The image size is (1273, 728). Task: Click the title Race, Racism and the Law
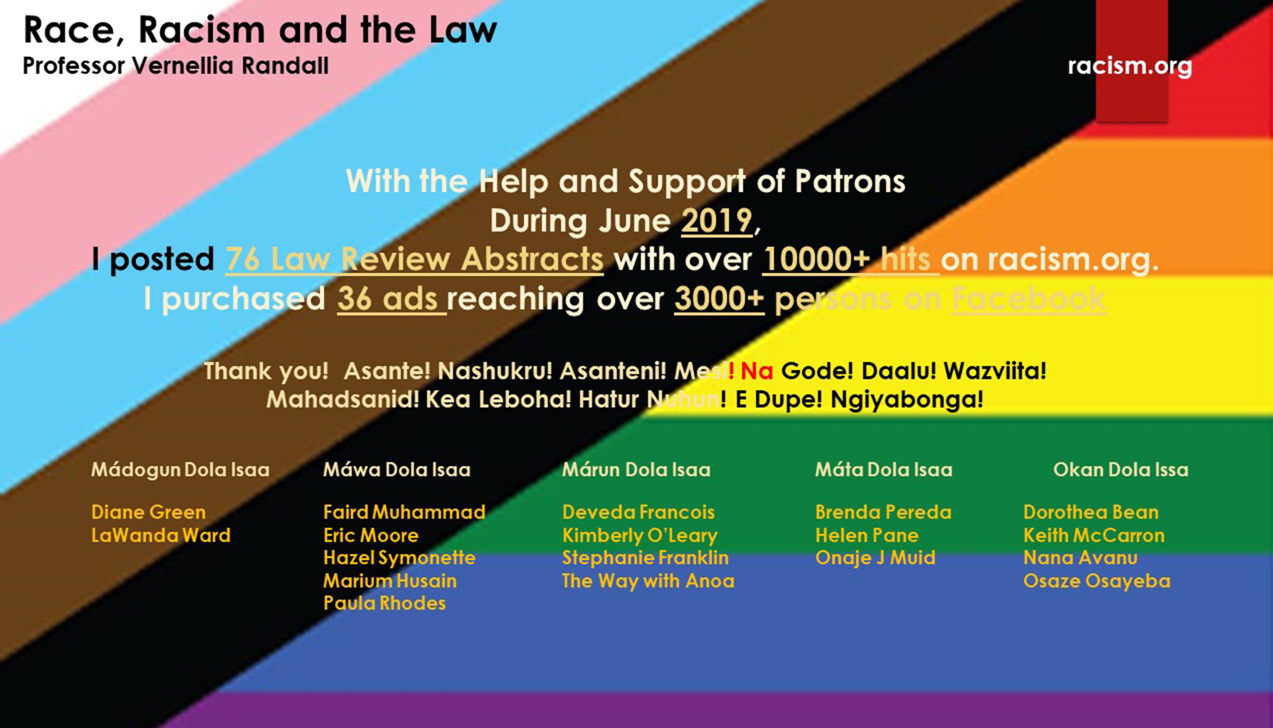tap(260, 30)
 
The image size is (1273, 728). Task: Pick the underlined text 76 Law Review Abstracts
tap(414, 259)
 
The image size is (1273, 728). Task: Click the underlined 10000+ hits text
tap(850, 259)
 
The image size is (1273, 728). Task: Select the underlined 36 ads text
tap(391, 299)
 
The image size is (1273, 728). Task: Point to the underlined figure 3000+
tap(719, 299)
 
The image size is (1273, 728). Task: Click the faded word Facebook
tap(1029, 299)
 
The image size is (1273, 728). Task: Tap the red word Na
tap(757, 371)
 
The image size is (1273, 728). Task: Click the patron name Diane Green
tap(148, 512)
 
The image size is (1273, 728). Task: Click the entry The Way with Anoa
tap(648, 581)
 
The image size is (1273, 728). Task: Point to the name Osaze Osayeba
tap(1097, 581)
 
